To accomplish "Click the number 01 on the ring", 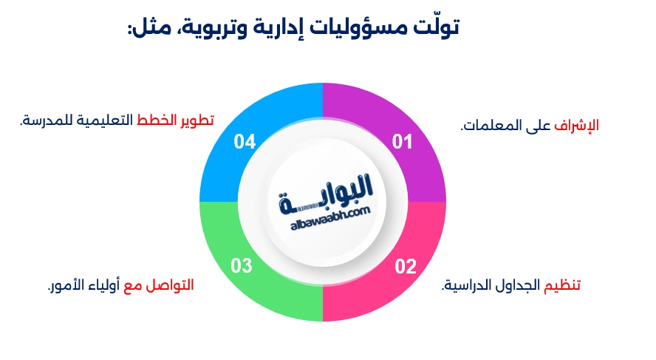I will pyautogui.click(x=402, y=141).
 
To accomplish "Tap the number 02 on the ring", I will pyautogui.click(x=406, y=266).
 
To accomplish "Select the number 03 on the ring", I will pyautogui.click(x=242, y=266).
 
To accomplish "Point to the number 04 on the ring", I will pyautogui.click(x=245, y=141).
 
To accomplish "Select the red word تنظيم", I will pyautogui.click(x=562, y=285).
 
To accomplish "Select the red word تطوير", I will pyautogui.click(x=197, y=120).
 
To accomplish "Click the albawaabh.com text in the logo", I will pyautogui.click(x=324, y=213).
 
